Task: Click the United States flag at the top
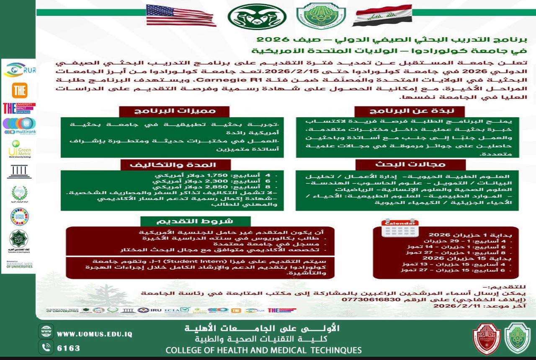[181, 15]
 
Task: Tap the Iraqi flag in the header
[382, 15]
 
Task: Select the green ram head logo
[257, 16]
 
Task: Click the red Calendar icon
[400, 227]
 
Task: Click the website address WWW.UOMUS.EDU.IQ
[95, 334]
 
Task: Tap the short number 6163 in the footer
[68, 348]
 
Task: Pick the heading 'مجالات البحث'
[410, 165]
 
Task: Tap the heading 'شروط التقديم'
[195, 221]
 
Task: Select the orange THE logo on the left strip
[19, 90]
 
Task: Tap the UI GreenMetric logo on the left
[19, 149]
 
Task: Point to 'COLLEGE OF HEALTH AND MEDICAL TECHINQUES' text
[263, 350]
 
